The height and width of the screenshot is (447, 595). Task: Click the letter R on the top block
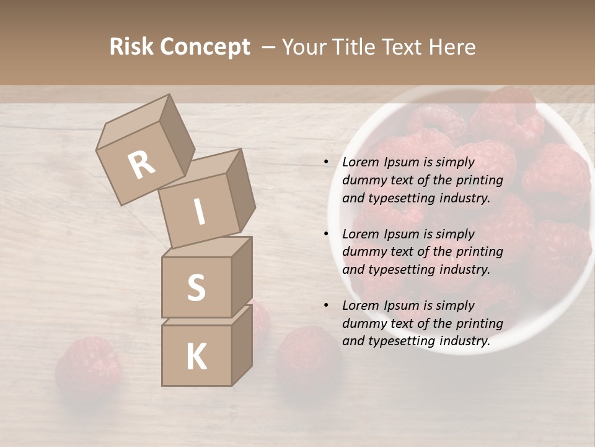click(x=141, y=165)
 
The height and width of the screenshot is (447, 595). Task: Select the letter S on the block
click(x=196, y=287)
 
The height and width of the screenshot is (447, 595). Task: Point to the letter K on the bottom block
click(x=196, y=357)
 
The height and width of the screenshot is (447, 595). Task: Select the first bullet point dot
click(x=326, y=162)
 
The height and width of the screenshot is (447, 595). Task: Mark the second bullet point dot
click(x=326, y=234)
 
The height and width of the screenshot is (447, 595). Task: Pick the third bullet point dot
click(x=326, y=305)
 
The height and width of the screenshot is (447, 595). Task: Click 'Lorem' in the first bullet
click(x=360, y=162)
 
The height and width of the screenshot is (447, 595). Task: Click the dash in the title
click(x=269, y=48)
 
